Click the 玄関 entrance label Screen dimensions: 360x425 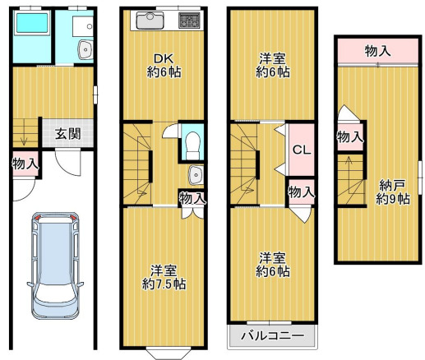tap(68, 134)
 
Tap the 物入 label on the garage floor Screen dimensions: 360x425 tap(25, 163)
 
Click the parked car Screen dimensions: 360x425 tap(55, 267)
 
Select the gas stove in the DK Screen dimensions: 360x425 tap(190, 20)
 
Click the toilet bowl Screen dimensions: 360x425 tap(192, 143)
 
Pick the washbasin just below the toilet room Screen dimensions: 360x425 tap(194, 174)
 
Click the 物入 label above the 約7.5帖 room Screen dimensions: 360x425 tap(192, 198)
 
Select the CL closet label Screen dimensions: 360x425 tap(300, 150)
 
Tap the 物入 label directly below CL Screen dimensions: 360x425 tap(301, 192)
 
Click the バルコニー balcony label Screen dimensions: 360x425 tap(271, 336)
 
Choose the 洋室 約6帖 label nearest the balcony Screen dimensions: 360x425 tap(271, 264)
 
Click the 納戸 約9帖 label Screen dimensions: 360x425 tap(390, 192)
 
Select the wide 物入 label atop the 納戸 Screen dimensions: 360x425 tap(377, 51)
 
